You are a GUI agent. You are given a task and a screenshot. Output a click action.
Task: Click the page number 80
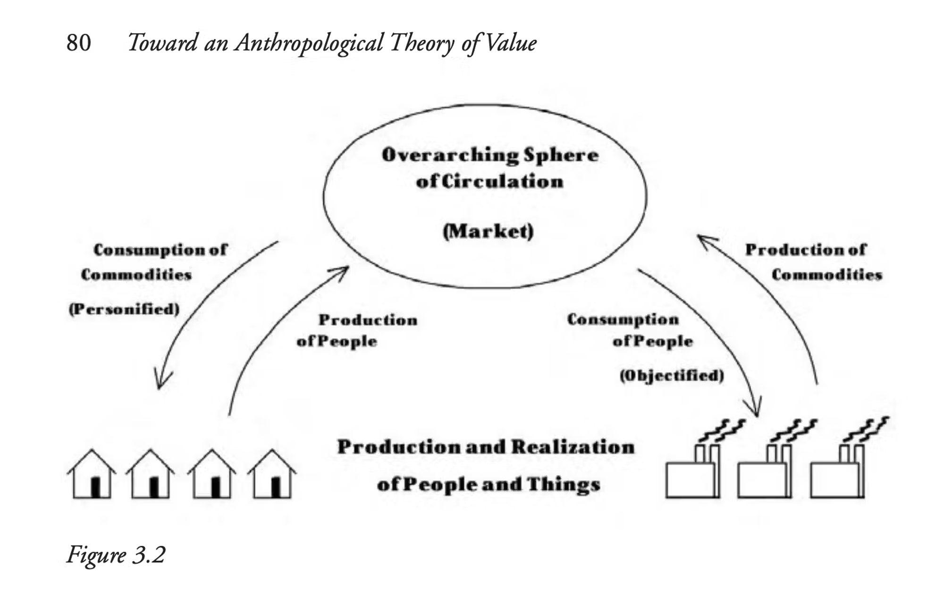[78, 43]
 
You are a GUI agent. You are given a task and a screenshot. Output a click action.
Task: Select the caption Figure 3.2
[116, 554]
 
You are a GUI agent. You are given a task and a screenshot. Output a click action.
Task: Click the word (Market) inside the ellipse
[488, 231]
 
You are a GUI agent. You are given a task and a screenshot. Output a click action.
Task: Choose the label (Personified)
[124, 309]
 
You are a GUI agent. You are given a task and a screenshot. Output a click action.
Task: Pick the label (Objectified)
[672, 375]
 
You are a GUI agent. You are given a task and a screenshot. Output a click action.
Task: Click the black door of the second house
[154, 487]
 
